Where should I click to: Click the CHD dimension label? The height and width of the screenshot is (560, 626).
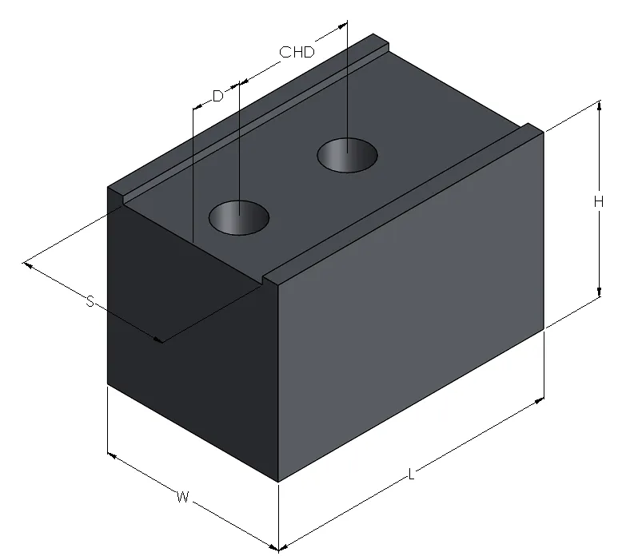(297, 52)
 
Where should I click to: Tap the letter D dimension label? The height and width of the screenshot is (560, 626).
(217, 96)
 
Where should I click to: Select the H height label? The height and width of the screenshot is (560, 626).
(598, 202)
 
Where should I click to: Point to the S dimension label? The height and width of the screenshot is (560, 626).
(90, 301)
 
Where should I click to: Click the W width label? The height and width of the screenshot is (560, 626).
(182, 497)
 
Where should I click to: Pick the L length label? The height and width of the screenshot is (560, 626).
(412, 475)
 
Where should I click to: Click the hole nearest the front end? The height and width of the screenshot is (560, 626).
(239, 217)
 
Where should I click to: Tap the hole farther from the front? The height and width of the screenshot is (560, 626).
(347, 155)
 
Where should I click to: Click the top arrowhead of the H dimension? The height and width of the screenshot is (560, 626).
(599, 105)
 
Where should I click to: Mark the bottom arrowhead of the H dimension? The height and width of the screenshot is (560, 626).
(599, 292)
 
